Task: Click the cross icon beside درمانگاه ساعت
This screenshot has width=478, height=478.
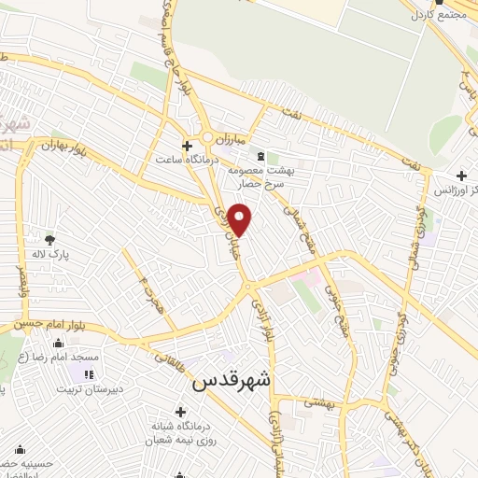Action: (188, 147)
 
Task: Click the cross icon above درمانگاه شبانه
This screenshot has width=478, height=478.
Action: (180, 411)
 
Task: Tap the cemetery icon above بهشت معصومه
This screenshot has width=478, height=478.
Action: (260, 156)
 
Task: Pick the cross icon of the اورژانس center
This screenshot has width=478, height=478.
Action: (461, 176)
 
